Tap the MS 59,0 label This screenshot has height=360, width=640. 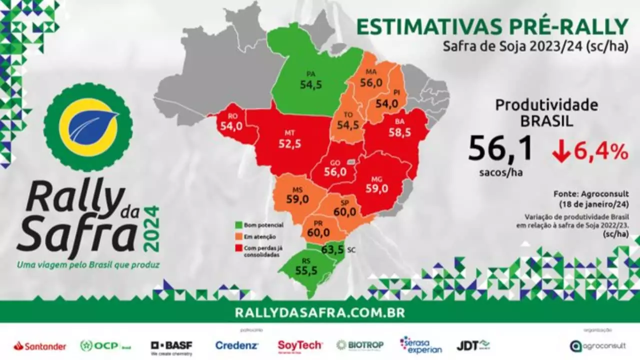(x=297, y=195)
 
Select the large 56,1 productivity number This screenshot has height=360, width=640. (x=500, y=149)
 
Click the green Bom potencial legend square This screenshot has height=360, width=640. (x=238, y=225)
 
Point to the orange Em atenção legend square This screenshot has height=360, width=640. (x=238, y=236)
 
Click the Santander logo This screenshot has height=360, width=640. (x=40, y=346)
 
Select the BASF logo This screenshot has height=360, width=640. (x=171, y=345)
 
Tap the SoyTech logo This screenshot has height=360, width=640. (x=300, y=345)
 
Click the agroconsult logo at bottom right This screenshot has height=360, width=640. (x=597, y=345)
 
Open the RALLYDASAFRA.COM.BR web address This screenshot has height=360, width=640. (x=320, y=313)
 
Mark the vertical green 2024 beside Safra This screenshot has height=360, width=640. (x=152, y=229)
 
